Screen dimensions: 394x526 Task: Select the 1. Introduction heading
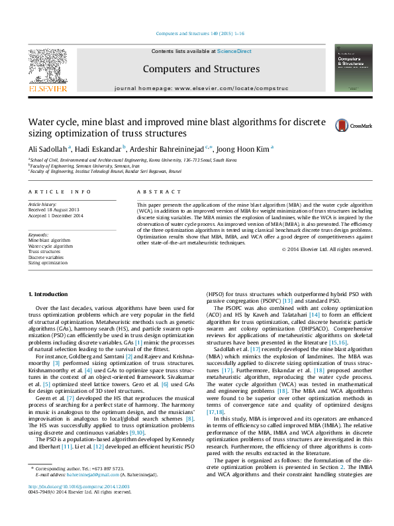point(48,293)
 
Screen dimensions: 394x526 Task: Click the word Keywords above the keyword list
point(39,235)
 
